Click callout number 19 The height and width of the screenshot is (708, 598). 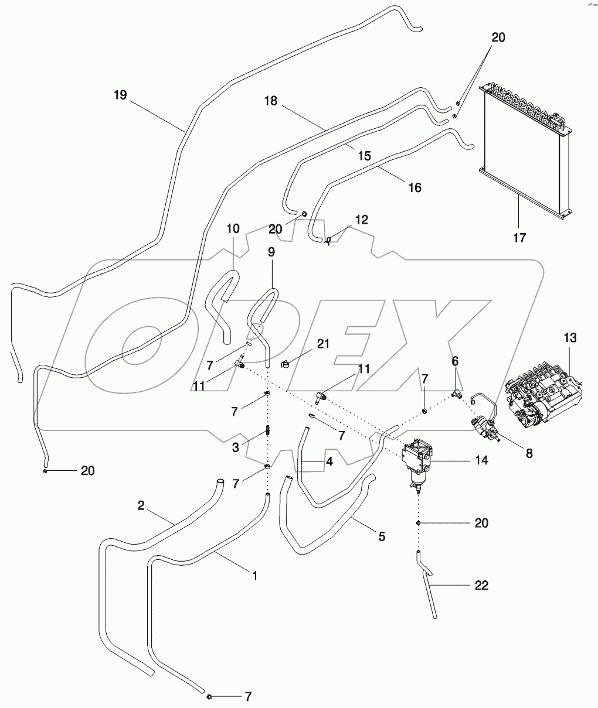click(120, 95)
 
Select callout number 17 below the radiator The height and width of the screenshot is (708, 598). click(519, 238)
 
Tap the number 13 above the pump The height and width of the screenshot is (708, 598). click(570, 338)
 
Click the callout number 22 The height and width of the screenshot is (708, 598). click(481, 585)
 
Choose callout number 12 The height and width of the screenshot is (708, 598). click(361, 220)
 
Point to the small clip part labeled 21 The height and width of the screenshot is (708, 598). click(287, 365)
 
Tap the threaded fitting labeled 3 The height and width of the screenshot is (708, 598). click(267, 431)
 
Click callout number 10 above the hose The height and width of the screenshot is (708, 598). click(233, 228)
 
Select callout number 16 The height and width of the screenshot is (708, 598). click(414, 187)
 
